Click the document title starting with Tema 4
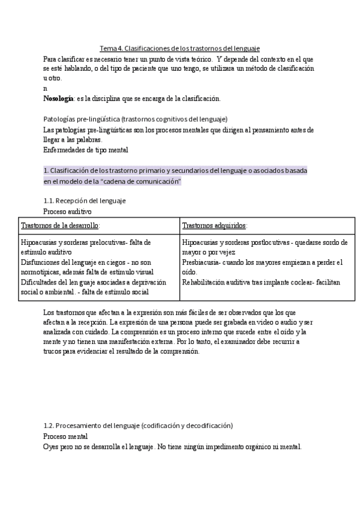coord(179,48)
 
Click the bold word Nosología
coord(59,98)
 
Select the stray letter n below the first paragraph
coord(46,88)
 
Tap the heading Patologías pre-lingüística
coord(135,119)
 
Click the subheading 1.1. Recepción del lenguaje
coord(85,200)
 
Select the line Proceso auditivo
coord(68,211)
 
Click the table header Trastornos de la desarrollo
coord(60,226)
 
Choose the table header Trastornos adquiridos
coord(214,226)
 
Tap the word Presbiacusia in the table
coord(201,262)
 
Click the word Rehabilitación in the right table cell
coord(204,282)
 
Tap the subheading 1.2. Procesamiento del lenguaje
coord(138,425)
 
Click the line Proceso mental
coord(65,436)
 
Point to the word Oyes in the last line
coord(52,447)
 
